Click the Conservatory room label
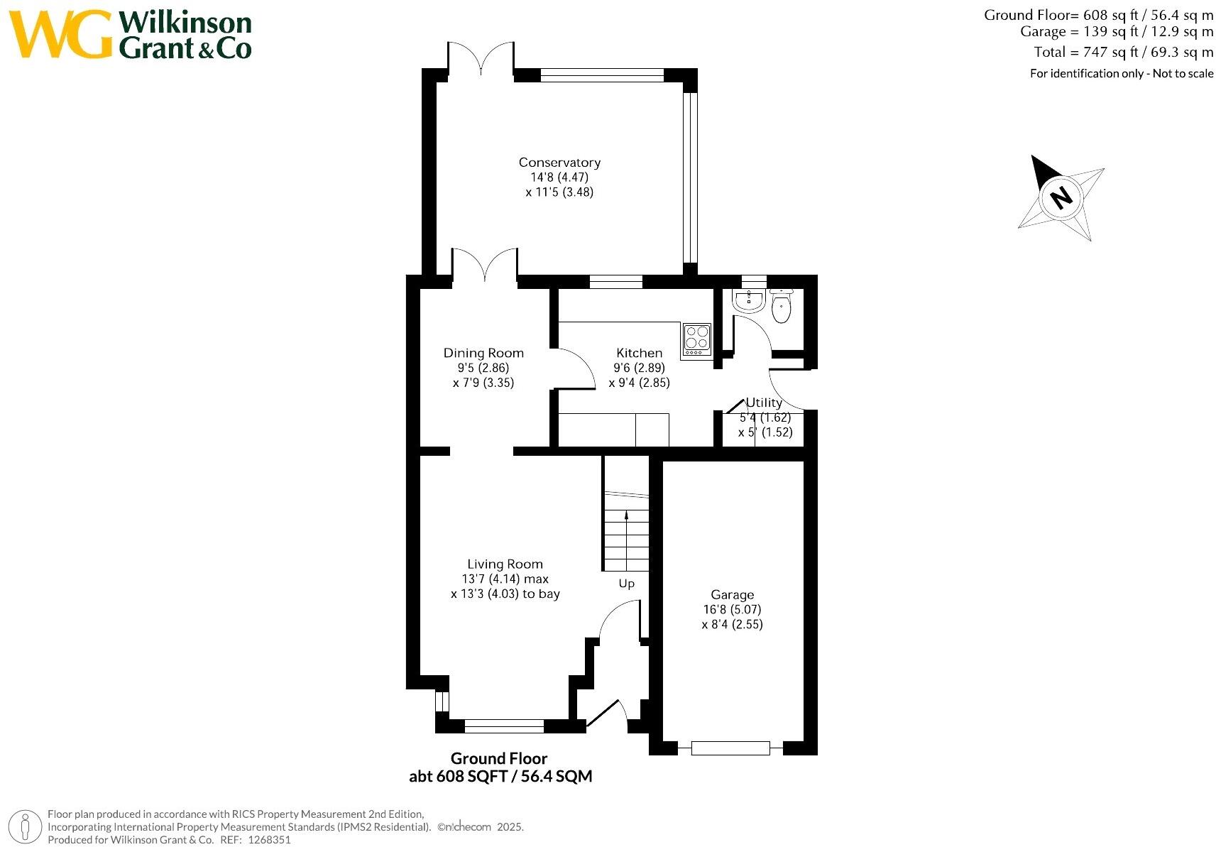pos(559,163)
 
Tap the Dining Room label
pos(483,353)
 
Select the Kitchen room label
pos(639,353)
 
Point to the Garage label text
pos(732,594)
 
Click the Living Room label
pos(505,564)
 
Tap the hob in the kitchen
pos(697,340)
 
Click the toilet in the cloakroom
pos(781,307)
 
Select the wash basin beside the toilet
pos(748,301)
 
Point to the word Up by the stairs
pos(627,584)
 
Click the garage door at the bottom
pos(730,748)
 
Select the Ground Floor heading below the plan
pos(499,758)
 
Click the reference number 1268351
pos(269,840)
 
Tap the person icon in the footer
pos(25,827)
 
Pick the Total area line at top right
pos(1123,52)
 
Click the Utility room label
pos(764,403)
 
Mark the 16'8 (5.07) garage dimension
pos(732,609)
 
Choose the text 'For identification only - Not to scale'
pos(1122,73)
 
